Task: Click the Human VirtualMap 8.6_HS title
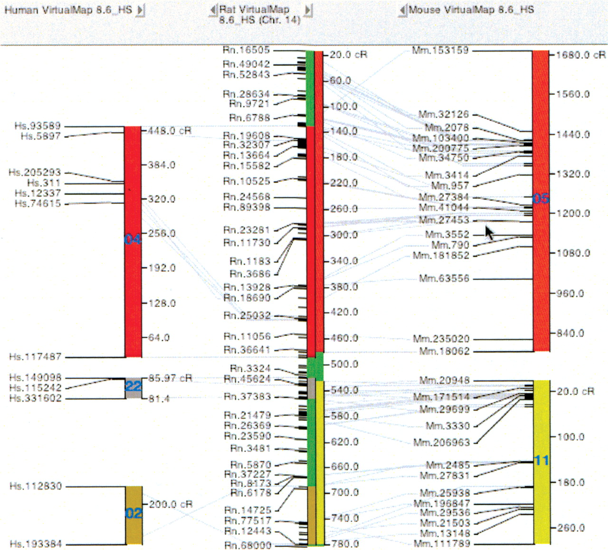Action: coord(68,9)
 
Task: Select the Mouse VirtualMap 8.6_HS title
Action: coord(471,9)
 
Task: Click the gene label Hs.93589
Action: coord(38,126)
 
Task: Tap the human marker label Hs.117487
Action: coord(35,357)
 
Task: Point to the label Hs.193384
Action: coord(36,544)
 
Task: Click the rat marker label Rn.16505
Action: coord(246,50)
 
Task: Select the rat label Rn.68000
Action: coord(248,545)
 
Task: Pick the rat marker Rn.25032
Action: coord(247,316)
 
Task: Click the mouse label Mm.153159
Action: coord(440,50)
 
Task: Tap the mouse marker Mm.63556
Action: coord(444,279)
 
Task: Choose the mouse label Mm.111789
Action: coord(442,543)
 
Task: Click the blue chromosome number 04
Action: coord(133,240)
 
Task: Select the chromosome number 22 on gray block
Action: coord(133,386)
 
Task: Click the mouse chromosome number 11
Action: coord(541,460)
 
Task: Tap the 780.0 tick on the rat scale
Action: coord(345,544)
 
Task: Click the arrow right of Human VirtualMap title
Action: coord(140,10)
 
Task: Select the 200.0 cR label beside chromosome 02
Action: coord(171,504)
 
